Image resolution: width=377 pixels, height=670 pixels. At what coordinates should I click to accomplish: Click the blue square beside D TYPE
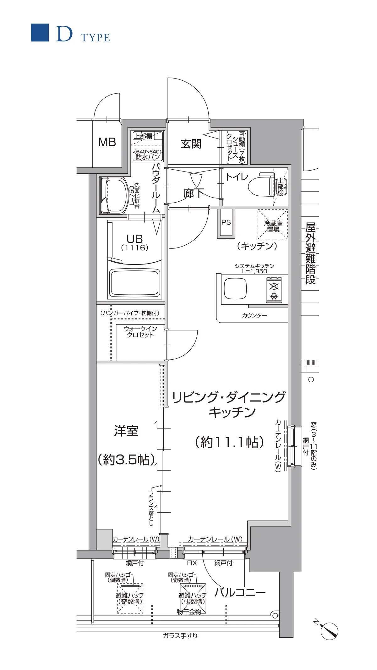[x=40, y=33]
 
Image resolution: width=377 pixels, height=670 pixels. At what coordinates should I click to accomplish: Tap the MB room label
[x=107, y=142]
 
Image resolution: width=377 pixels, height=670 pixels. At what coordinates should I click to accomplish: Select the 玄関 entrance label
[x=191, y=144]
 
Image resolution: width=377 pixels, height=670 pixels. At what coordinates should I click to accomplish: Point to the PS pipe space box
[x=226, y=222]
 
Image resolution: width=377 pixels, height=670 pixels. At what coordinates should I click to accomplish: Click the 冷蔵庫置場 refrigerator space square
[x=273, y=225]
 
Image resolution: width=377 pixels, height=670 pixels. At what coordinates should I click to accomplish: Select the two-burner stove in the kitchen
[x=274, y=291]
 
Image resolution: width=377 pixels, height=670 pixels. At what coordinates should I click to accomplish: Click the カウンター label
[x=254, y=315]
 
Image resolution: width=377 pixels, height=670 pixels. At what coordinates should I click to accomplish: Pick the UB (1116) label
[x=135, y=242]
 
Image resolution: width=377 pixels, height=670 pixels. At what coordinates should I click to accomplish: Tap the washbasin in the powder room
[x=115, y=196]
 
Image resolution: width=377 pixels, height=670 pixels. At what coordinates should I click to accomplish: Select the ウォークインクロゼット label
[x=140, y=332]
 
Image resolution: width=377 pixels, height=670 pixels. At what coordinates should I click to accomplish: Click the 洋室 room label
[x=126, y=431]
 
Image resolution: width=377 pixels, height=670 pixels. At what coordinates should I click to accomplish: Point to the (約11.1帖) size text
[x=230, y=442]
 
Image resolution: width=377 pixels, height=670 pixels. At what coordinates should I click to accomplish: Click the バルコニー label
[x=240, y=592]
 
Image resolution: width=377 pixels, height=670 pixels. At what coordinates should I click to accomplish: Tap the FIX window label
[x=192, y=563]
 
